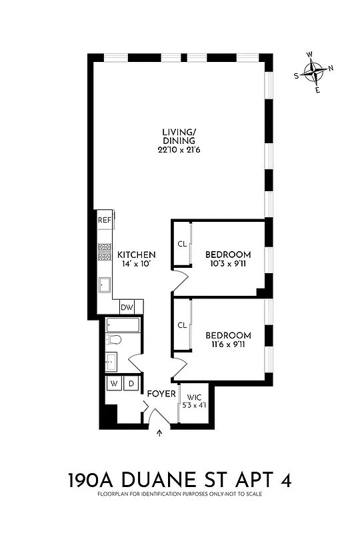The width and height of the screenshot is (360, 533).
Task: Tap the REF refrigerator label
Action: (104, 220)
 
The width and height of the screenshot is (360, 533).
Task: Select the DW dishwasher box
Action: (126, 308)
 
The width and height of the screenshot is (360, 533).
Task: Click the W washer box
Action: (114, 384)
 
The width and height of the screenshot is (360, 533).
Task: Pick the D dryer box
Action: (131, 384)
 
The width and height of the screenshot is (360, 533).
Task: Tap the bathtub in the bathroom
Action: (123, 326)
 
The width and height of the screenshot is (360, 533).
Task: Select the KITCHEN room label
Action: (137, 255)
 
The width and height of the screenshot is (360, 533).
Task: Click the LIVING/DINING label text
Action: (179, 136)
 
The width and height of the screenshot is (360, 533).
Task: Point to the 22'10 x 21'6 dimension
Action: (179, 151)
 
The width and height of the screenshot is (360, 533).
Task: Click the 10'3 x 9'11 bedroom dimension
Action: (228, 265)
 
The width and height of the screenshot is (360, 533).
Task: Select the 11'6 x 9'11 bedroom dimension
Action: (228, 345)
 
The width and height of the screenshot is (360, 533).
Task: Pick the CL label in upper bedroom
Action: (182, 244)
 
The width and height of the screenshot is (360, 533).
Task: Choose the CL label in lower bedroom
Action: (182, 325)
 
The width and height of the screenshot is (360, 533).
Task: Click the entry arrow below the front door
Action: (159, 434)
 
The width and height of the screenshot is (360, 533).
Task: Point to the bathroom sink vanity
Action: (112, 362)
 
